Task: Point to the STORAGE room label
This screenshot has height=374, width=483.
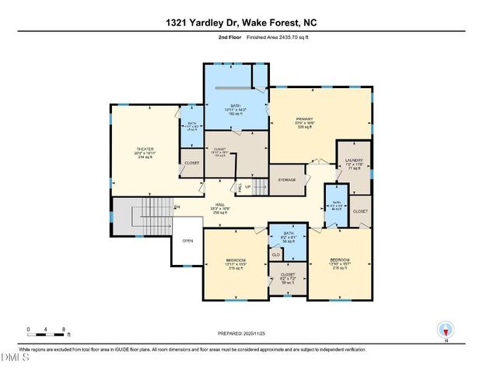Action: (287, 180)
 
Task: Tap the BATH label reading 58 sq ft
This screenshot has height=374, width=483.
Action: (289, 233)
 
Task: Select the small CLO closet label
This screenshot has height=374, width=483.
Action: (275, 254)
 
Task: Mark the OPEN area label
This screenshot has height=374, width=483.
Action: (187, 241)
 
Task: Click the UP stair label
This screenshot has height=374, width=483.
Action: (248, 188)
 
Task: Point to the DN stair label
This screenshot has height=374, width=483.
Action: (176, 206)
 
